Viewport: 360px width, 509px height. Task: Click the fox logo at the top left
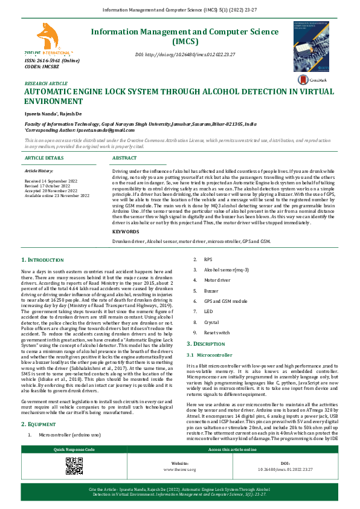click(x=48, y=37)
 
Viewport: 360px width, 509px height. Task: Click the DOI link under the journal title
click(x=185, y=55)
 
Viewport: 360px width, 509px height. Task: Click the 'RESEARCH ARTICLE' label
click(x=46, y=83)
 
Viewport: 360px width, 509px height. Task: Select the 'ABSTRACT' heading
click(x=124, y=157)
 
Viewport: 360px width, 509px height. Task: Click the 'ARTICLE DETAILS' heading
click(x=44, y=157)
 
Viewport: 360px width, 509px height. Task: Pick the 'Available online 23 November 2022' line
click(x=57, y=196)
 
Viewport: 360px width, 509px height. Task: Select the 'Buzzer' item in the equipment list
click(x=211, y=290)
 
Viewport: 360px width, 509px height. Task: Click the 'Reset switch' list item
click(x=217, y=332)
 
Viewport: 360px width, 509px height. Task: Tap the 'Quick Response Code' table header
click(x=74, y=450)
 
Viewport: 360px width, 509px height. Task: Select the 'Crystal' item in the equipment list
click(x=212, y=322)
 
